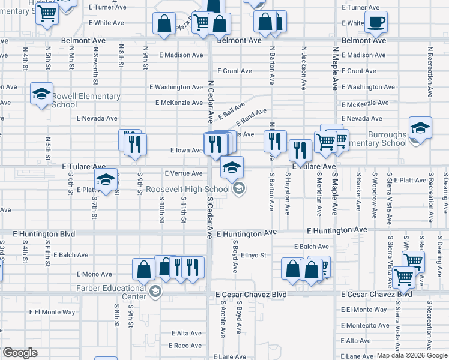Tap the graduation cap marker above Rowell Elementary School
pyautogui.click(x=42, y=94)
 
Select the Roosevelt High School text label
pyautogui.click(x=188, y=190)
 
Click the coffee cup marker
pyautogui.click(x=376, y=22)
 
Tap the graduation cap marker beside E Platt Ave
pyautogui.click(x=106, y=179)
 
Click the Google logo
pyautogui.click(x=20, y=353)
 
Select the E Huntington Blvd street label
pyautogui.click(x=47, y=233)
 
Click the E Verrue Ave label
pyautogui.click(x=183, y=173)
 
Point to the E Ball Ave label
pyautogui.click(x=232, y=110)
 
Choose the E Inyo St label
pyautogui.click(x=253, y=256)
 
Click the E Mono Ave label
pyautogui.click(x=95, y=274)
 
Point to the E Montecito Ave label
pyautogui.click(x=365, y=326)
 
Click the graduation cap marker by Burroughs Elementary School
pyautogui.click(x=420, y=128)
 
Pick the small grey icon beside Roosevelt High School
pyautogui.click(x=239, y=190)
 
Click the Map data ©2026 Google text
pyautogui.click(x=411, y=355)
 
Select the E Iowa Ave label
pyautogui.click(x=187, y=150)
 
